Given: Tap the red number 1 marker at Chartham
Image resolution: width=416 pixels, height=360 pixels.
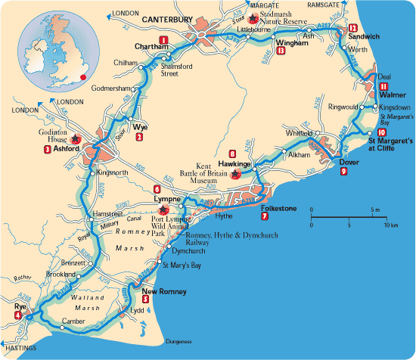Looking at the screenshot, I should [x=163, y=39].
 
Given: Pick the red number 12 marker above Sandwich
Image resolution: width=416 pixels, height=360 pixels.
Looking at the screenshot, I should [x=354, y=28].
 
